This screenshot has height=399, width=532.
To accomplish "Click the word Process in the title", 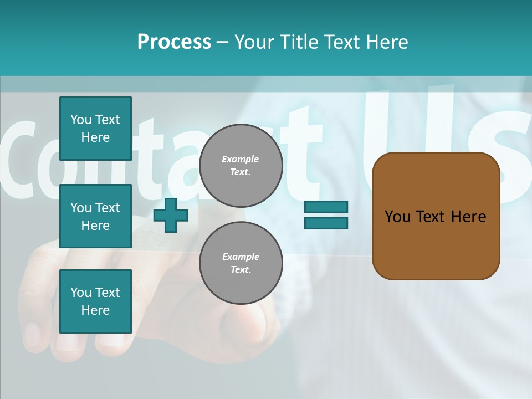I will (174, 42).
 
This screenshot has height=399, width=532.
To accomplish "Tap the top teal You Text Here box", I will (95, 129).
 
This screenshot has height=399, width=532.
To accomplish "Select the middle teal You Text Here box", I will (95, 216).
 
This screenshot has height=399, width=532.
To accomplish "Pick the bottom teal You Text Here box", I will (95, 301).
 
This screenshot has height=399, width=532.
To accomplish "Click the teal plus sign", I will (170, 215).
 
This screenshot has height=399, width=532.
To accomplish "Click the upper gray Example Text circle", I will (241, 165).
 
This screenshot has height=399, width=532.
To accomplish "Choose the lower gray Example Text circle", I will (241, 263).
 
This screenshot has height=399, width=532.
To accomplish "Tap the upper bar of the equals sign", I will (326, 207).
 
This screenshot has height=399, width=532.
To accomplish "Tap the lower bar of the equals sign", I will (326, 223).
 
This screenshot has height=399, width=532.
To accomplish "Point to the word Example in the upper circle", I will (240, 159).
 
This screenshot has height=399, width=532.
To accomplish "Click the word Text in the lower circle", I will (240, 269).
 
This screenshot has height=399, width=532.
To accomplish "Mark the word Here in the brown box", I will (468, 217).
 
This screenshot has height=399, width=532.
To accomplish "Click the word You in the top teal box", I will (81, 120).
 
